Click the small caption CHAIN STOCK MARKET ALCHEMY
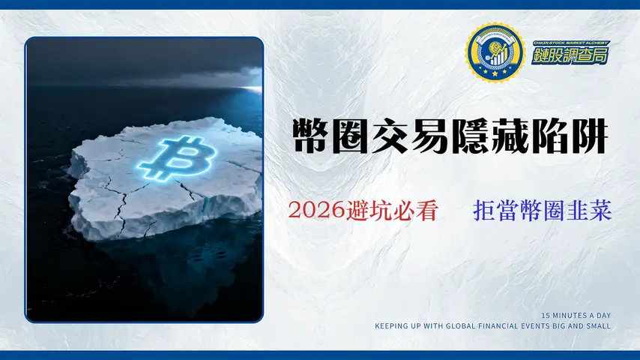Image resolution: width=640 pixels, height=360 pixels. (x=570, y=43)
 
